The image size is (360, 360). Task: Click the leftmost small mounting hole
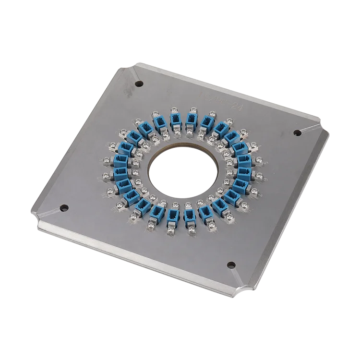tap(63, 208)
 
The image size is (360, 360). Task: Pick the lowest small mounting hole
tap(230, 264)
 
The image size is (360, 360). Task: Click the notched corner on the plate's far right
tap(323, 132)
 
